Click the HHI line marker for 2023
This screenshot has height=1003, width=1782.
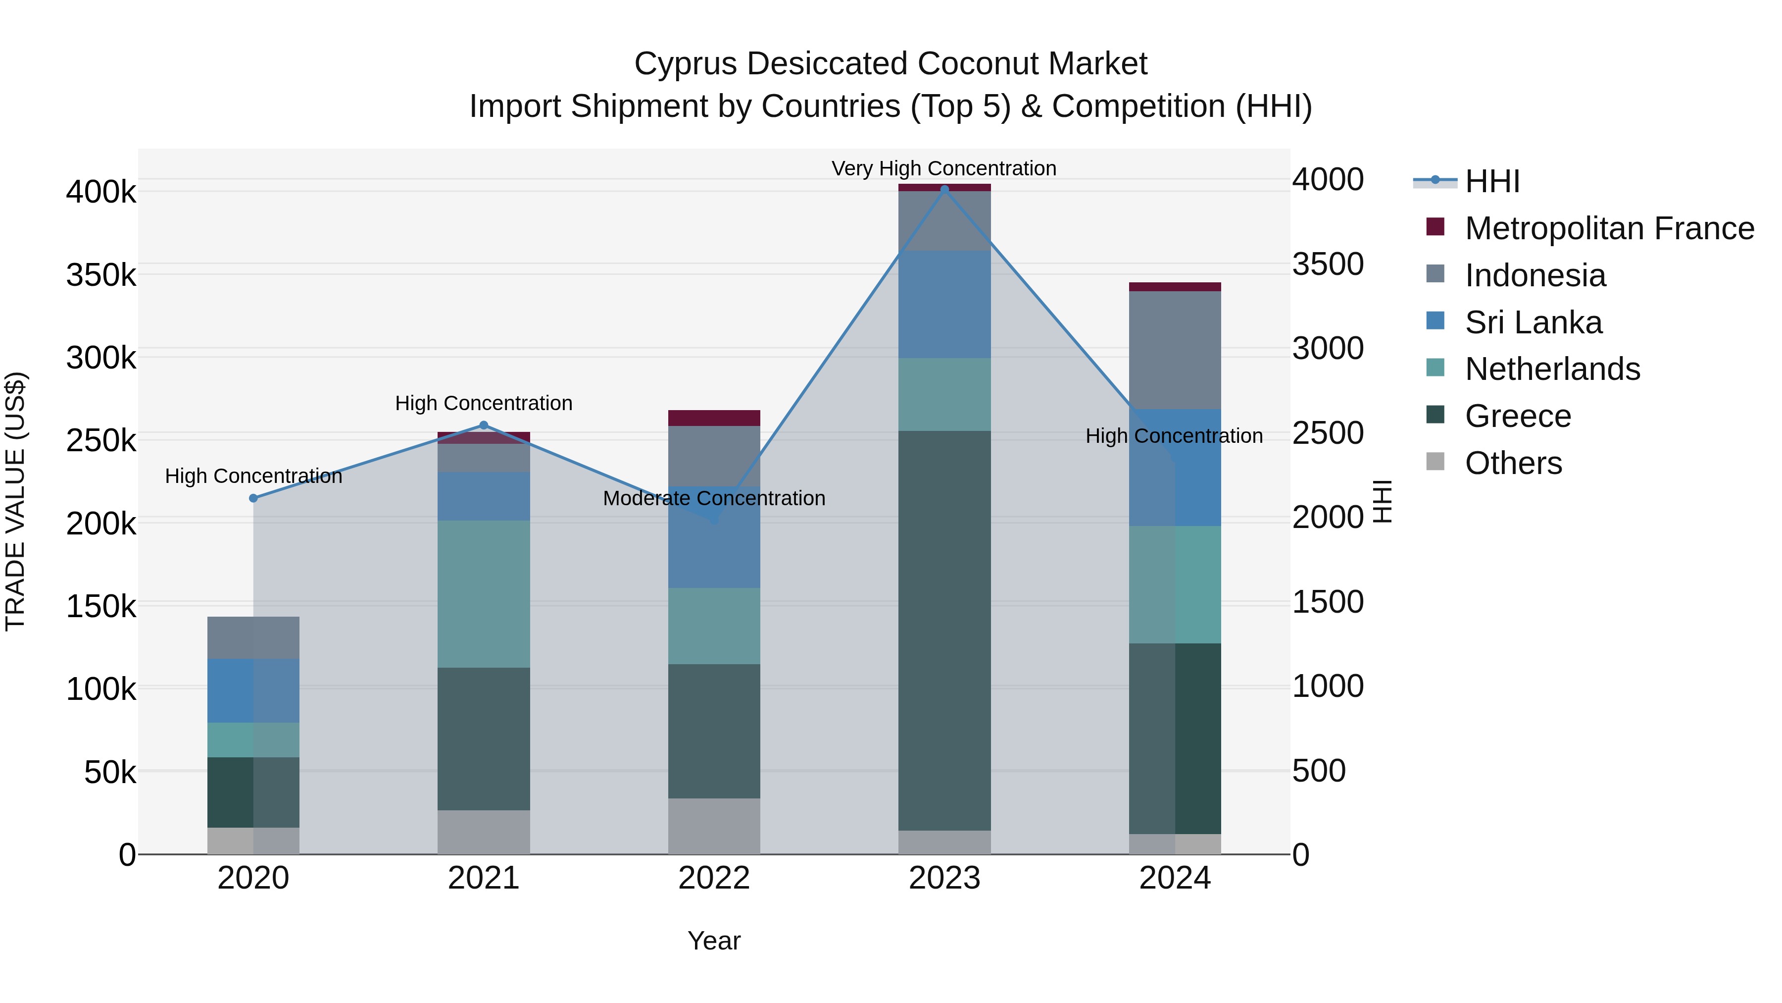[x=944, y=189]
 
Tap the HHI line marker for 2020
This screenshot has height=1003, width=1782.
[x=253, y=498]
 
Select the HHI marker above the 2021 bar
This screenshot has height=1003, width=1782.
[x=484, y=425]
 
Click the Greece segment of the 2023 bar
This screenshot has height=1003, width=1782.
[x=944, y=630]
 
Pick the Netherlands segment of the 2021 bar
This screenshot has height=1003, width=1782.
[x=484, y=594]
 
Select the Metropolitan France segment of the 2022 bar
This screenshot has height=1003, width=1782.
[x=714, y=418]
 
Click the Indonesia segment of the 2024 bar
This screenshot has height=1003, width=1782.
[x=1175, y=350]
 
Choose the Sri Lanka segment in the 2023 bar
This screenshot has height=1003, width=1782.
[x=944, y=305]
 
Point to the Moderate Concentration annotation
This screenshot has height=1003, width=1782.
[x=714, y=498]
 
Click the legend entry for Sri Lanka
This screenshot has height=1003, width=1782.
[x=1533, y=322]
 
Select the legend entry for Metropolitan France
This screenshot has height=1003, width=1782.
[x=1609, y=228]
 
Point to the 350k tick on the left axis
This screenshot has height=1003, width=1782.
[x=101, y=275]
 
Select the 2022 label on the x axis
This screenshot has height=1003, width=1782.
[x=714, y=878]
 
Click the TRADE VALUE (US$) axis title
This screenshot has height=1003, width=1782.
[x=15, y=501]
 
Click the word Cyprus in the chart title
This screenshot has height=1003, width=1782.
[x=686, y=64]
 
